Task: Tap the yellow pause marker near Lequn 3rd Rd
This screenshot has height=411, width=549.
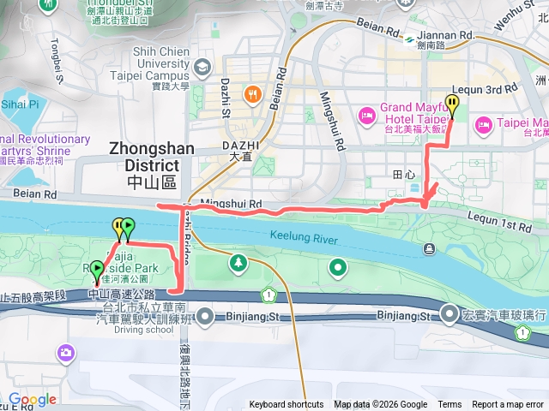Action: pyautogui.click(x=452, y=105)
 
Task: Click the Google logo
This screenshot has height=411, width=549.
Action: pyautogui.click(x=32, y=399)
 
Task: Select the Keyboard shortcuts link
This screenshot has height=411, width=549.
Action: pyautogui.click(x=287, y=405)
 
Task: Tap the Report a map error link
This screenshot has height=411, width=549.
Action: pyautogui.click(x=509, y=405)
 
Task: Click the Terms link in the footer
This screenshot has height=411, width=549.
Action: pyautogui.click(x=449, y=405)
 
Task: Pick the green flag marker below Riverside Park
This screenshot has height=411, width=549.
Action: pyautogui.click(x=96, y=270)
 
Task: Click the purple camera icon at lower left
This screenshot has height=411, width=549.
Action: pyautogui.click(x=65, y=352)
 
